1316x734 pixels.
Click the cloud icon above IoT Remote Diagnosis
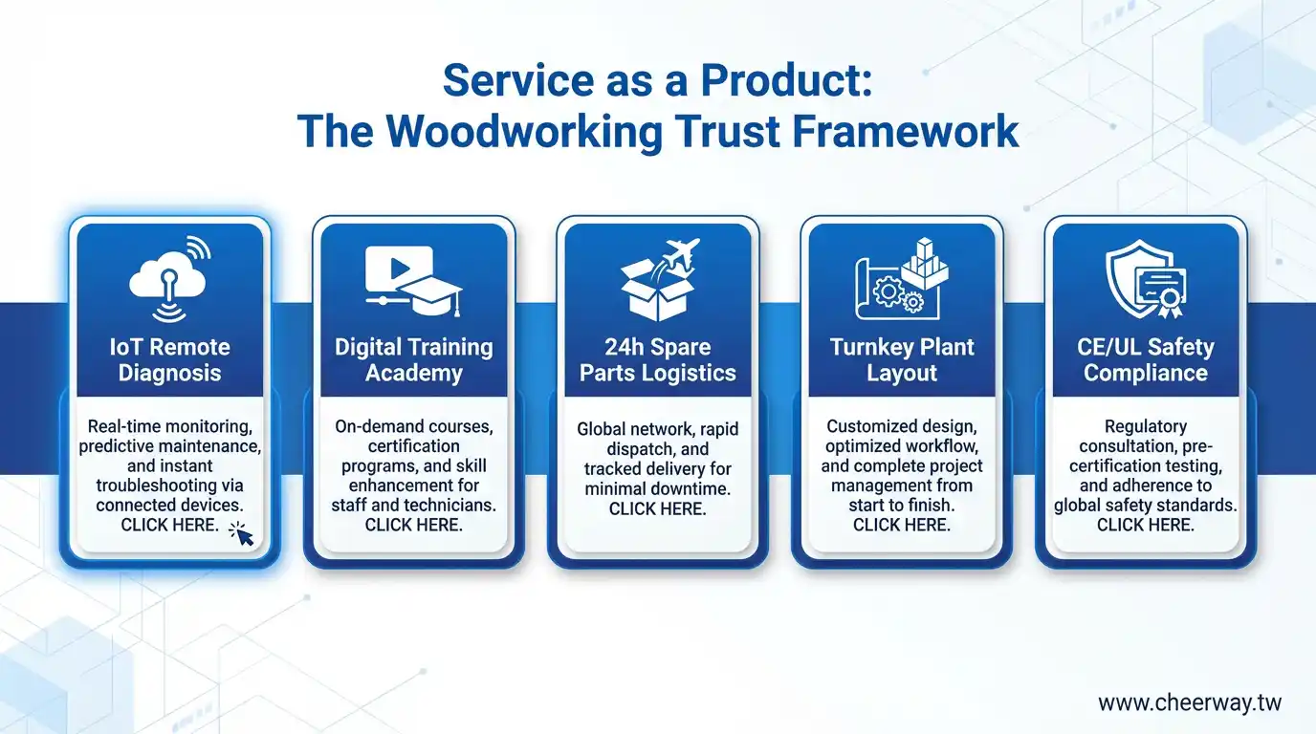click(x=167, y=275)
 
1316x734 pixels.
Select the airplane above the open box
click(x=681, y=254)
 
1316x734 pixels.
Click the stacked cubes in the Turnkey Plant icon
click(x=925, y=263)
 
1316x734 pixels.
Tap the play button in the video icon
click(x=400, y=269)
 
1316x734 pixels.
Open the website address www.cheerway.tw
click(x=1190, y=702)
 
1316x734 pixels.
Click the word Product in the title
click(x=786, y=80)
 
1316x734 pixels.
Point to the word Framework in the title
click(x=906, y=131)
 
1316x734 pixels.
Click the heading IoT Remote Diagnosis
click(x=170, y=360)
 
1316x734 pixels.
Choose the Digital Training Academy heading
click(x=413, y=360)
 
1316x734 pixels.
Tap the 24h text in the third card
click(x=625, y=347)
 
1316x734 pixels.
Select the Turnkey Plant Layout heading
click(x=902, y=360)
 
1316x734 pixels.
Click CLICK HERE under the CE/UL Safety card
click(x=1146, y=525)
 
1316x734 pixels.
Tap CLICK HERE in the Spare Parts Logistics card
click(x=657, y=509)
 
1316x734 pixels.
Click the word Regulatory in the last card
click(x=1146, y=426)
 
